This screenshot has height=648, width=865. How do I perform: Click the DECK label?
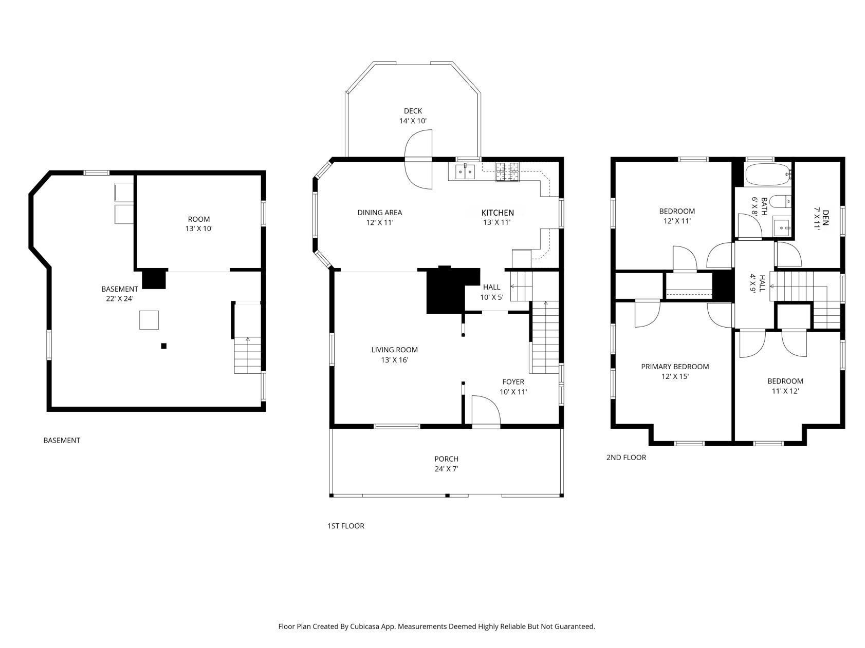click(413, 111)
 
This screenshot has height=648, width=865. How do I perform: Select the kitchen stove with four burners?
click(507, 172)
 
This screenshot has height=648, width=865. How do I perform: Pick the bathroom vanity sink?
click(782, 226)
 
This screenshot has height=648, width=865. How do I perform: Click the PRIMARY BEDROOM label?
click(675, 367)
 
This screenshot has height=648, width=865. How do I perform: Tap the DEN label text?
click(825, 214)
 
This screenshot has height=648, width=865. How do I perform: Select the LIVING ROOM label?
click(395, 350)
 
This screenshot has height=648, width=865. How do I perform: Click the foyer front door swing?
click(486, 411)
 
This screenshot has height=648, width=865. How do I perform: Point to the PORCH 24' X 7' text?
click(446, 464)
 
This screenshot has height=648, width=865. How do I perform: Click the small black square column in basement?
click(164, 346)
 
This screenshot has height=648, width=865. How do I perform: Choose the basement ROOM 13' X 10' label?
click(199, 224)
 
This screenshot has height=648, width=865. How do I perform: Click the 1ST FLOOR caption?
click(346, 526)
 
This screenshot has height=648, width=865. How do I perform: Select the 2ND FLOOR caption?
click(626, 457)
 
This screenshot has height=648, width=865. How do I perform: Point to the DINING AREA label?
click(380, 213)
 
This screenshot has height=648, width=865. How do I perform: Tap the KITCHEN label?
click(498, 213)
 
